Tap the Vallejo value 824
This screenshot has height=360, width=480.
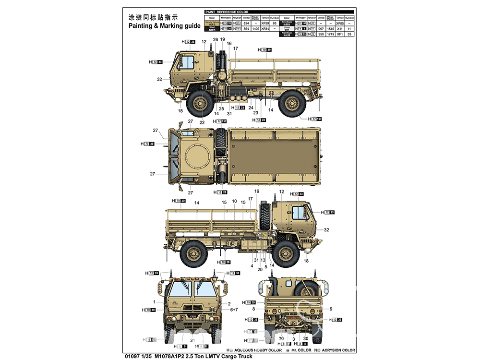(x=246, y=23)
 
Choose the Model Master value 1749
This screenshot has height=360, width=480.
(x=330, y=35)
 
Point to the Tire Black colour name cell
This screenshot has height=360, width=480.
(x=287, y=23)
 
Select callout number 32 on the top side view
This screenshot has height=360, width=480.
(x=159, y=79)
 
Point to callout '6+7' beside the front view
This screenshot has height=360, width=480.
(x=234, y=310)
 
